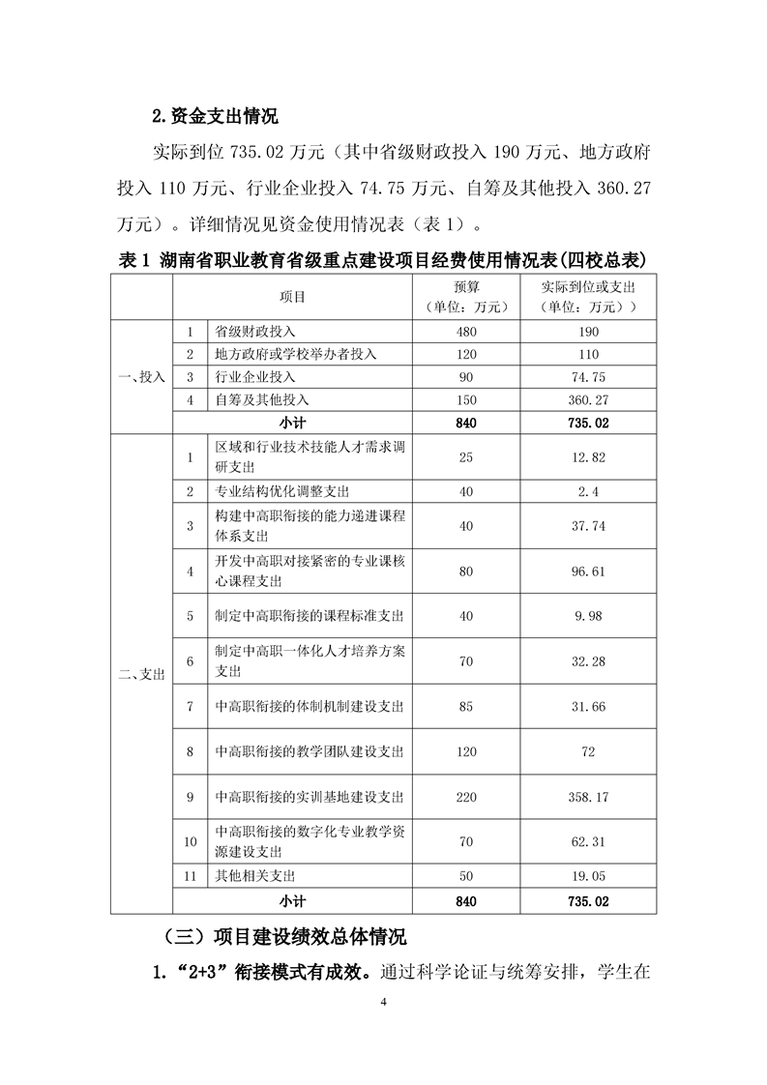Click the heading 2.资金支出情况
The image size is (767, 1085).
click(215, 118)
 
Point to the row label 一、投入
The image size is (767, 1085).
click(141, 377)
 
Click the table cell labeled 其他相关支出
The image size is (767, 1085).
click(256, 876)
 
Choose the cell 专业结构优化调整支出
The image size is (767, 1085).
click(282, 491)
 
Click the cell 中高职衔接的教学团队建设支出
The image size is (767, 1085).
click(309, 751)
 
